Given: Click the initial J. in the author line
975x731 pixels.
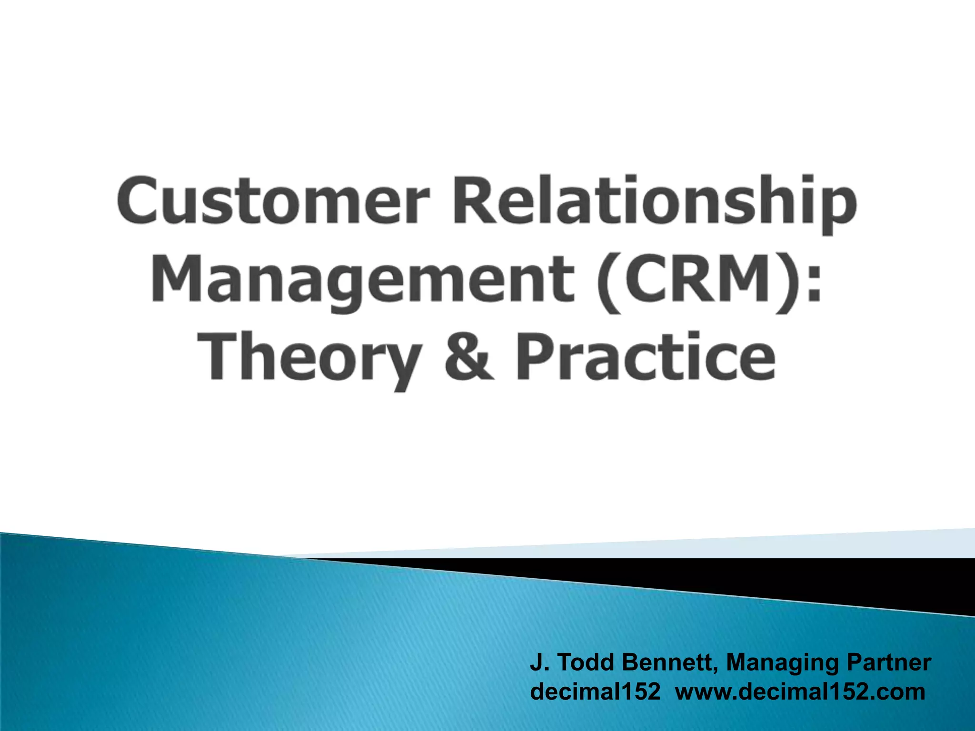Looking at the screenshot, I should tap(539, 662).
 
